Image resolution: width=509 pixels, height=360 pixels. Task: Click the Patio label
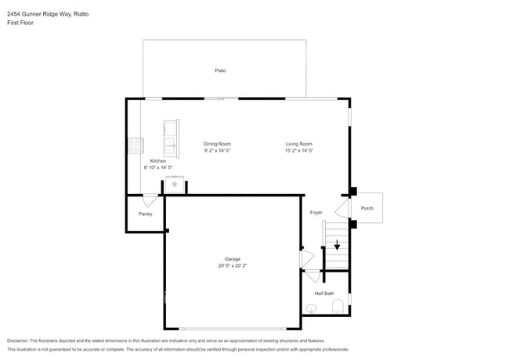220,70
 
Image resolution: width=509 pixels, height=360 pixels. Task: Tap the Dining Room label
217,144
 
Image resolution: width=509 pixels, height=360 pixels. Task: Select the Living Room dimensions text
299,150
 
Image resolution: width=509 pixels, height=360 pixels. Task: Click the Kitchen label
158,161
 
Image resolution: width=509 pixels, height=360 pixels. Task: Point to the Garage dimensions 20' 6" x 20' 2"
233,265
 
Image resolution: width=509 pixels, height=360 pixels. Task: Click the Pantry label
145,214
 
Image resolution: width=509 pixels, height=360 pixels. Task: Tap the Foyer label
316,212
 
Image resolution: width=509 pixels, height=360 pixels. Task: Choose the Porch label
367,208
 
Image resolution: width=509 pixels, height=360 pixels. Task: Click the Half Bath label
324,293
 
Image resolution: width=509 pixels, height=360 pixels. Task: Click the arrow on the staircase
337,245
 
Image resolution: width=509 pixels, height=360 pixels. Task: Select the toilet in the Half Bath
338,307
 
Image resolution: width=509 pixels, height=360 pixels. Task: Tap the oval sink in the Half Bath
312,308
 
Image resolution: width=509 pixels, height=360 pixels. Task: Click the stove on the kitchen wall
136,146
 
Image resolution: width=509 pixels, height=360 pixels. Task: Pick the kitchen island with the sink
171,139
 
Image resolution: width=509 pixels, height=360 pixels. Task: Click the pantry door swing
150,200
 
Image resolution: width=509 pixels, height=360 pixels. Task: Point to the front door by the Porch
342,208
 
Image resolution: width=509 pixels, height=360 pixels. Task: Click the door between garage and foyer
307,259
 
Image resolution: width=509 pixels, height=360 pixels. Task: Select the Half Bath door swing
313,276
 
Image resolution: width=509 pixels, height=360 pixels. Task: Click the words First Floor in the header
20,23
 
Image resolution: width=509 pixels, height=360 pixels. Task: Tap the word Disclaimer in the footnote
18,341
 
